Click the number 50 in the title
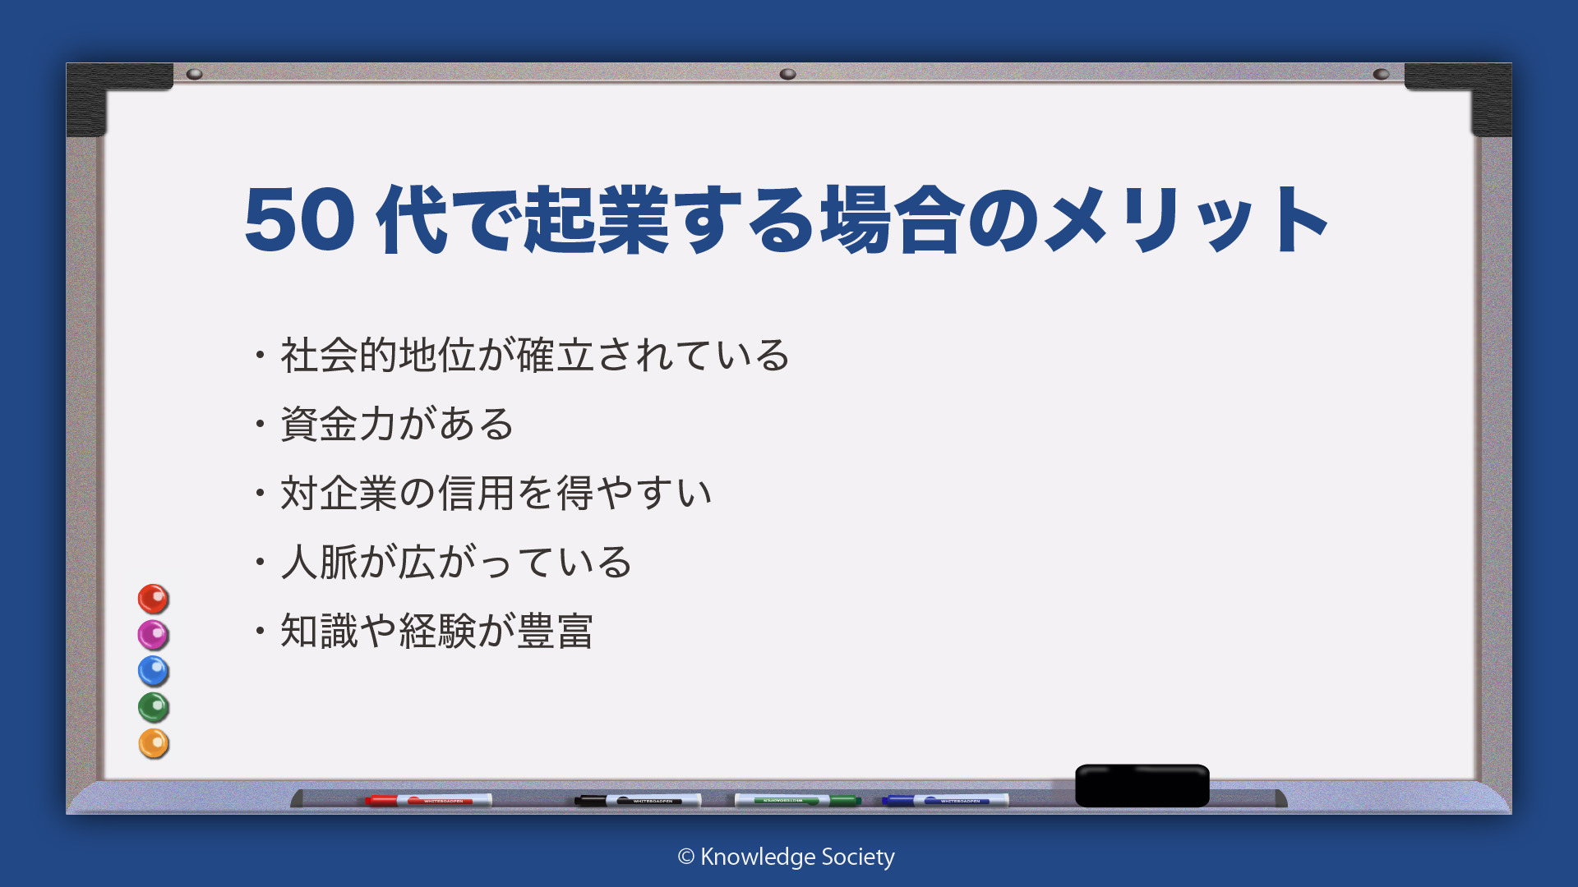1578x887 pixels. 300,219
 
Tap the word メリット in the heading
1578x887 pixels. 1186,219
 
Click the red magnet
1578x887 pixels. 153,599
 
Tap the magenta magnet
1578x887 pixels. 153,635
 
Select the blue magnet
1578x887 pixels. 153,671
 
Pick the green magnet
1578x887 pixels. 153,707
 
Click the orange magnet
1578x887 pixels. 153,743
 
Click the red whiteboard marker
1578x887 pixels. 428,800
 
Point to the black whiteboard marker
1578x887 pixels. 638,800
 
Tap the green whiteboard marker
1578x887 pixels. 797,800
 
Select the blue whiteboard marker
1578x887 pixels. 945,800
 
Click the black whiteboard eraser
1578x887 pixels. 1142,785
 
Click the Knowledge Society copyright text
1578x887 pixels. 786,857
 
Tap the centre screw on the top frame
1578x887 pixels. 787,74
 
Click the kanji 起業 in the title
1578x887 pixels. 596,219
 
